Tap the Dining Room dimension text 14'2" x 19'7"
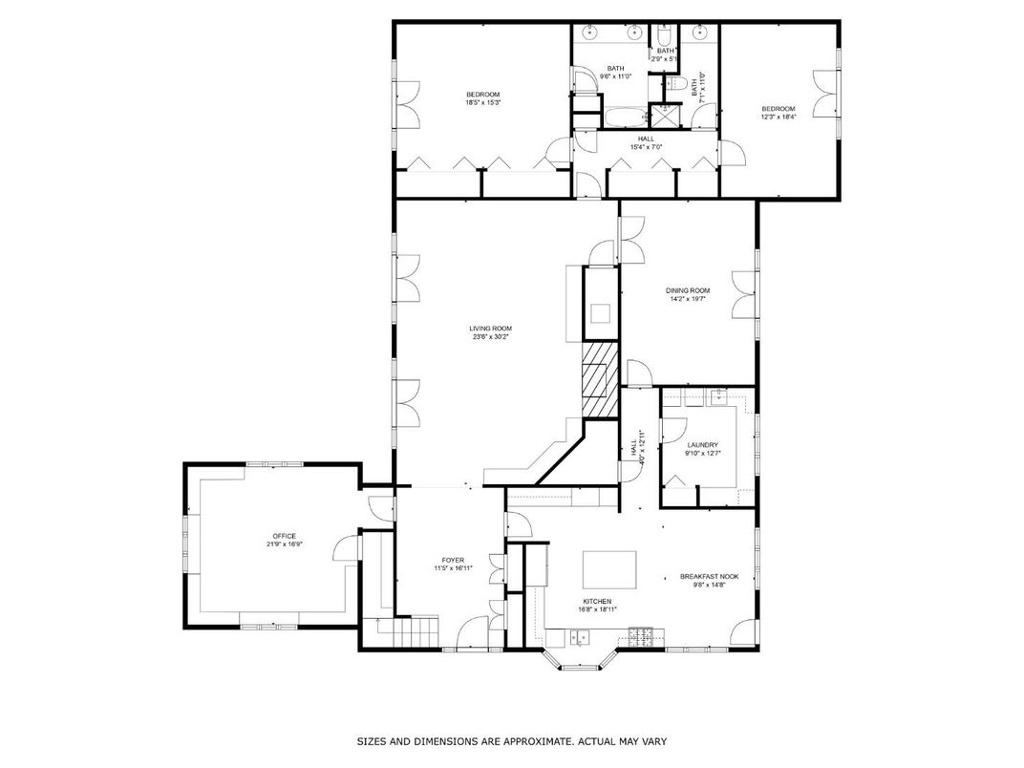[687, 299]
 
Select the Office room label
[284, 536]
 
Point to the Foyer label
[452, 560]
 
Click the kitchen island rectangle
[609, 570]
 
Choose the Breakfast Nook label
[709, 576]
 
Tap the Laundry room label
[702, 445]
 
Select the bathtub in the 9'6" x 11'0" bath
[620, 118]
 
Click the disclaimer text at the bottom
[511, 741]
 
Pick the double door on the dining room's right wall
[743, 295]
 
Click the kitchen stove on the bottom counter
[641, 634]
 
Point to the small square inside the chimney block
[599, 313]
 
